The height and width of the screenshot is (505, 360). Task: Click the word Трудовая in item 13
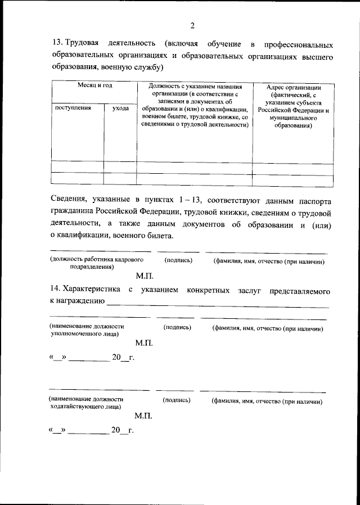[83, 44]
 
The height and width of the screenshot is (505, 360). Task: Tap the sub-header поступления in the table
[71, 107]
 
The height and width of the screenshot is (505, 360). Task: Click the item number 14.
[55, 290]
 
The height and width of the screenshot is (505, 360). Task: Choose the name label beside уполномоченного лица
[267, 328]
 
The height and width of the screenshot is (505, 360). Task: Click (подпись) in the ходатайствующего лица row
[175, 400]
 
